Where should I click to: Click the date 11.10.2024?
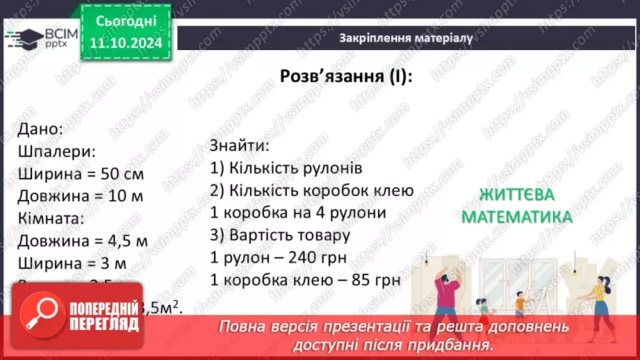126,43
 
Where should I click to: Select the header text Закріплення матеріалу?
406,38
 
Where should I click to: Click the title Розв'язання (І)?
346,76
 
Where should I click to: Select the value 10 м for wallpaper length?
126,196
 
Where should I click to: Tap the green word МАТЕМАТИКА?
516,218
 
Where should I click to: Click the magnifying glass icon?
41,313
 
